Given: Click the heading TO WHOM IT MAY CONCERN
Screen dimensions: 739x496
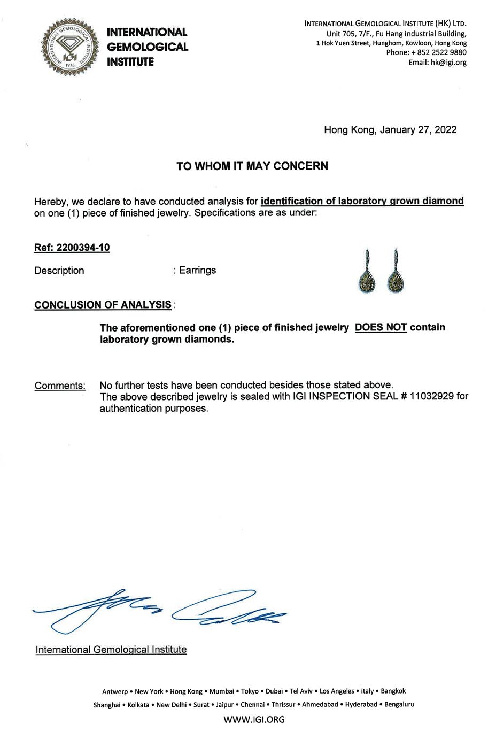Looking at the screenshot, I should click(252, 166).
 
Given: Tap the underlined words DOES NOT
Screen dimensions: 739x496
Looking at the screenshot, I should click(381, 327).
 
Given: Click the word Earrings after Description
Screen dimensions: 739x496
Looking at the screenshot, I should click(198, 270).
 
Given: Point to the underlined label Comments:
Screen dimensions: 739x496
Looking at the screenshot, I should click(60, 386).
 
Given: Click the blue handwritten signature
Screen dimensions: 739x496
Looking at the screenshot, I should click(160, 611).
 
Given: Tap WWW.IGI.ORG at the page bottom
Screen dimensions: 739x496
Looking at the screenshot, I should click(254, 720).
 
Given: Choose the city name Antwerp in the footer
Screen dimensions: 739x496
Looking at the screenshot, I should click(115, 691).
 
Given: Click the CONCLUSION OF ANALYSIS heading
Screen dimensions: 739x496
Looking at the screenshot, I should click(103, 305).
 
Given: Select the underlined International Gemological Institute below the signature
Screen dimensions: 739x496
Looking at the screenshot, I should click(111, 650).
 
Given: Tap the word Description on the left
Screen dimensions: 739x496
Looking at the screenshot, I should click(59, 271).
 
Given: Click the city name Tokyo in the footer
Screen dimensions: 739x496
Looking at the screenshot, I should click(250, 691).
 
